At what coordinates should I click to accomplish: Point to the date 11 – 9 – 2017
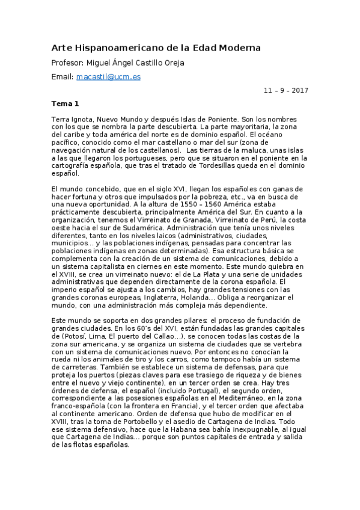[286, 90]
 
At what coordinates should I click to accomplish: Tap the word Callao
[170, 337]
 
